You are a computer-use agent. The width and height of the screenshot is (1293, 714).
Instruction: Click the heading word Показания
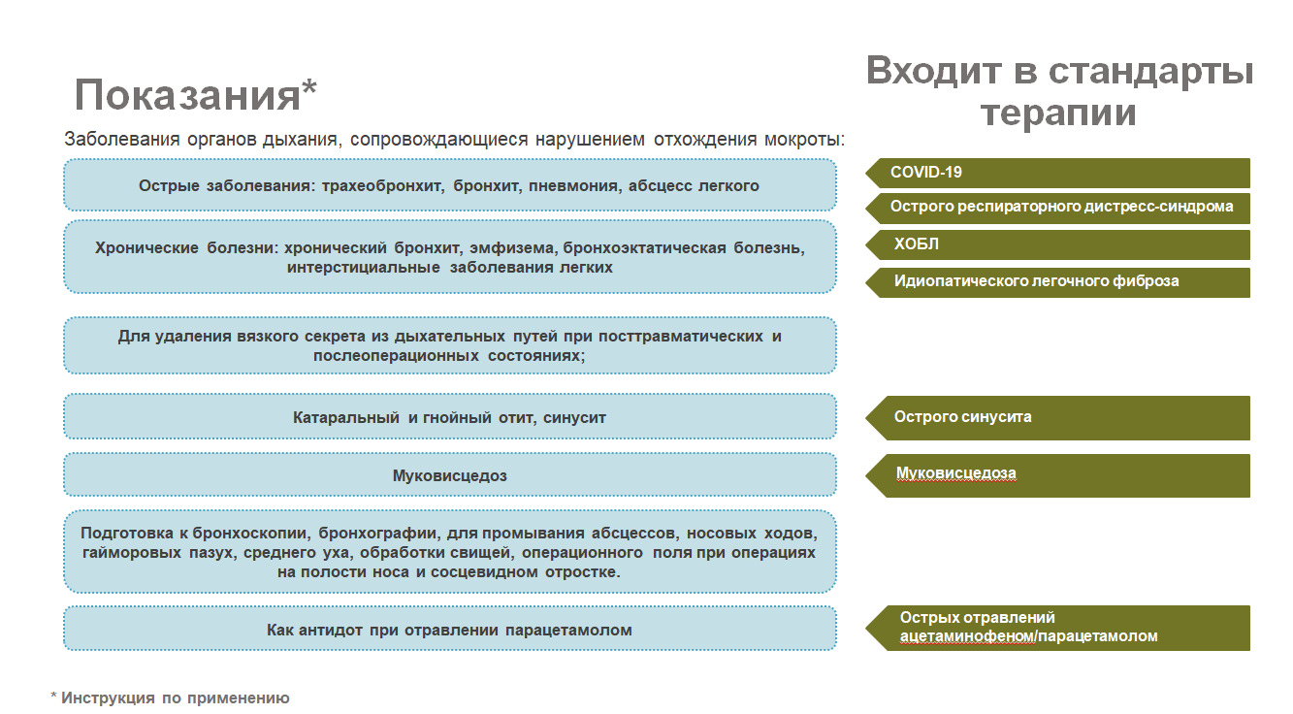(187, 96)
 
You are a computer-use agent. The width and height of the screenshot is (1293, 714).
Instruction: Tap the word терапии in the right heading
(1058, 113)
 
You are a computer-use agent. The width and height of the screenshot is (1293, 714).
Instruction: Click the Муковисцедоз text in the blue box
(450, 476)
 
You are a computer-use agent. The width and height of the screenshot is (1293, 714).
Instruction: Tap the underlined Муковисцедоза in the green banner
(955, 473)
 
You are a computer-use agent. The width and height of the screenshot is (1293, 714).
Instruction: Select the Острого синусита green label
(962, 417)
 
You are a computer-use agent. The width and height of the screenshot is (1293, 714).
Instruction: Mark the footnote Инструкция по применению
(176, 698)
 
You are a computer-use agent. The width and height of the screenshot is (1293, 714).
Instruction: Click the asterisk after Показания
(309, 87)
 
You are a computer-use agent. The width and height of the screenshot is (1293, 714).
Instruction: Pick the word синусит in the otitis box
(577, 418)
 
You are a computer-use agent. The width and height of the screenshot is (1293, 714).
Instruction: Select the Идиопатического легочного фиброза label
(1036, 281)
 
